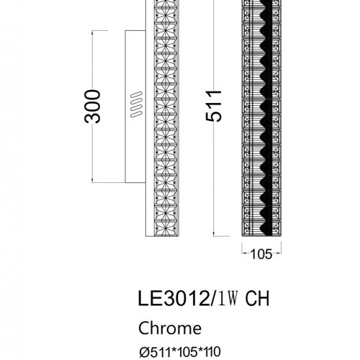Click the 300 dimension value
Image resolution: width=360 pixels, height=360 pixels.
[x=92, y=107]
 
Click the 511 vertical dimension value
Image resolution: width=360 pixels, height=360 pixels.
[x=214, y=106]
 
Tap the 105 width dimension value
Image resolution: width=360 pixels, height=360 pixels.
[x=261, y=254]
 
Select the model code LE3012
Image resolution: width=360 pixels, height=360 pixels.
[x=174, y=298]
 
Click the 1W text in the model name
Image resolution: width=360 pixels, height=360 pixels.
[x=228, y=298]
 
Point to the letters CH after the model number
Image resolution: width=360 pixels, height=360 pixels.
[x=257, y=298]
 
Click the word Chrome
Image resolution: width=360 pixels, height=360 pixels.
[x=170, y=328]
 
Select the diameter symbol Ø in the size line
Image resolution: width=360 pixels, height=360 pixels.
[x=144, y=352]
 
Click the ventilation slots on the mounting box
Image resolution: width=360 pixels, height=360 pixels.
[x=136, y=104]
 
